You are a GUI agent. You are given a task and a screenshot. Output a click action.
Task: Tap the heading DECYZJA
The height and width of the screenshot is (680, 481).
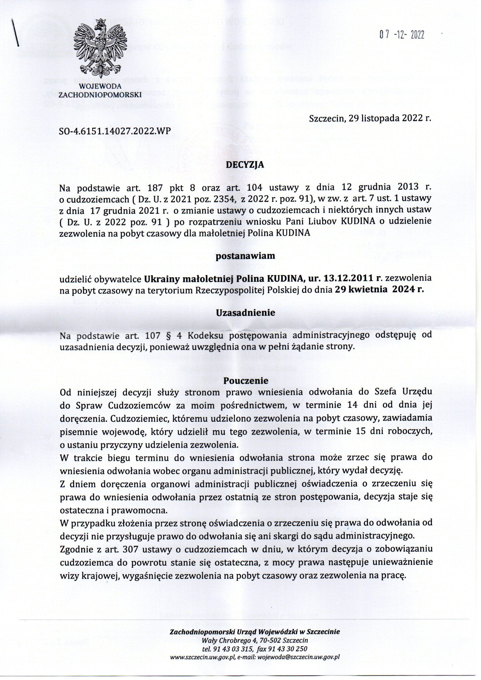point(245,166)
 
